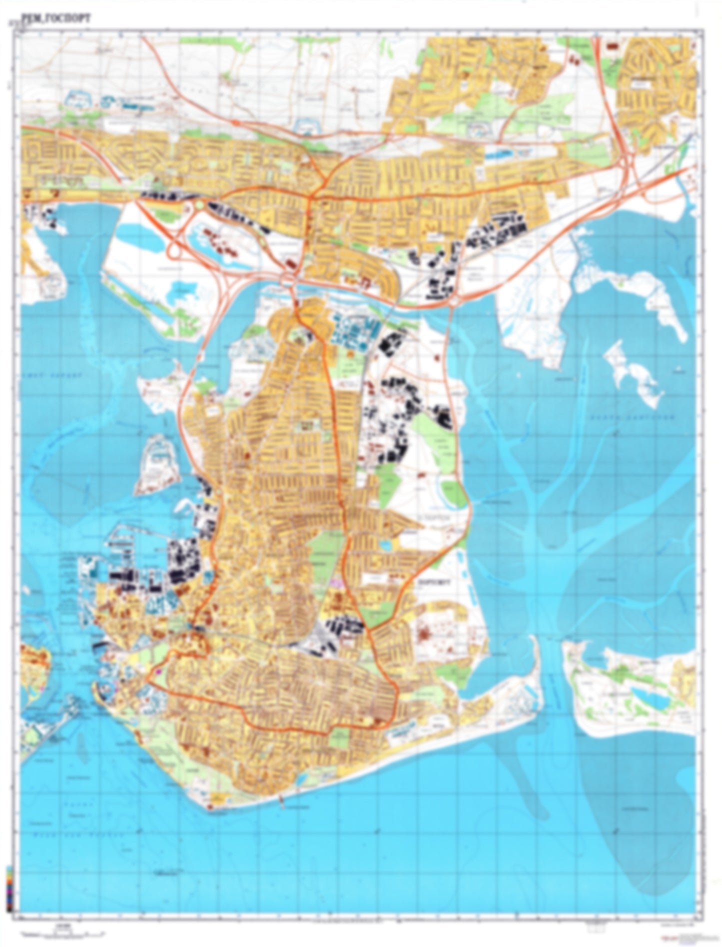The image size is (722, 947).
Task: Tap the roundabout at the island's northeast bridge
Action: pos(455,301)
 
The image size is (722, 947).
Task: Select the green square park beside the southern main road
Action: pos(340,737)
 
